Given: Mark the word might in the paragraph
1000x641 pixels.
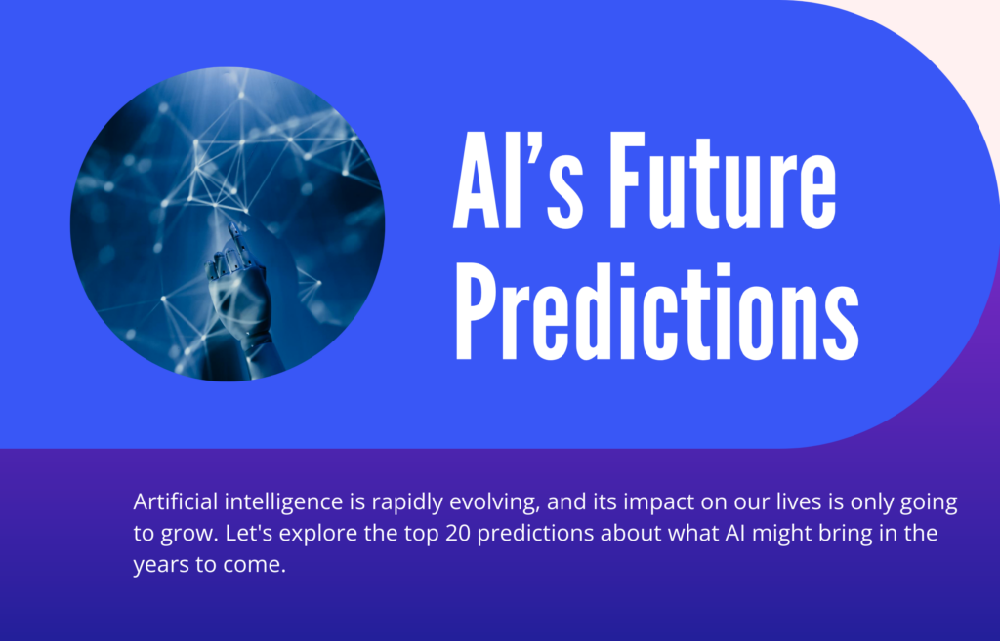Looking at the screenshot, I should pyautogui.click(x=753, y=536).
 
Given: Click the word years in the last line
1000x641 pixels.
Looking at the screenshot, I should pyautogui.click(x=158, y=567).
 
